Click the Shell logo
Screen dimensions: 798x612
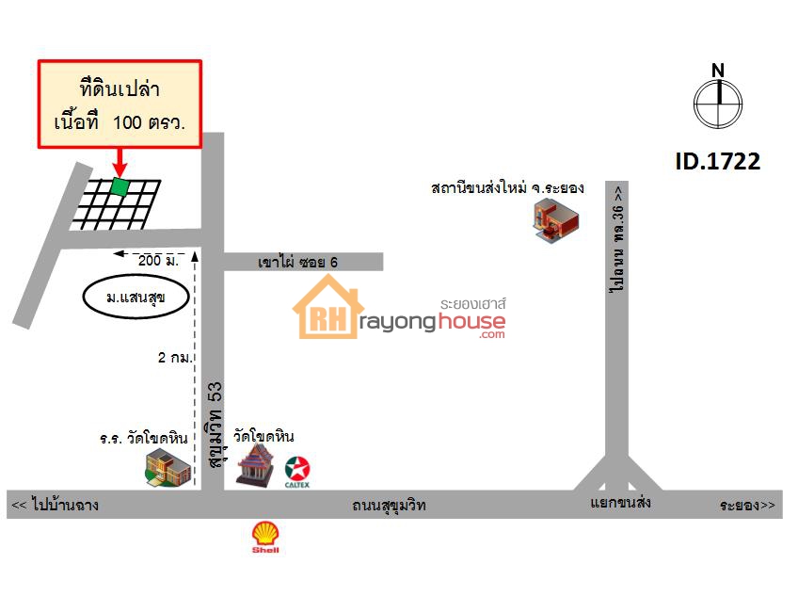click(265, 537)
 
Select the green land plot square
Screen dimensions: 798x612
click(120, 186)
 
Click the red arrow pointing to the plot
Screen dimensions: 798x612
click(120, 162)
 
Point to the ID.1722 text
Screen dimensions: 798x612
click(718, 161)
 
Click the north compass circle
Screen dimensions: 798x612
click(718, 104)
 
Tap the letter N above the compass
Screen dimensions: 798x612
click(718, 71)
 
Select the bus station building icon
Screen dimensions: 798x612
click(556, 219)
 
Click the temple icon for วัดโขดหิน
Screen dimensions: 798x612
click(254, 463)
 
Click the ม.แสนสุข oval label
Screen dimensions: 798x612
click(136, 297)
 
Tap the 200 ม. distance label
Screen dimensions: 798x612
click(158, 260)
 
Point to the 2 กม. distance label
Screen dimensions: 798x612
click(175, 358)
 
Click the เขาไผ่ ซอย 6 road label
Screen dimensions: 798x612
click(297, 262)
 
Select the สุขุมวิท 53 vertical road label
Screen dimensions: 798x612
click(215, 426)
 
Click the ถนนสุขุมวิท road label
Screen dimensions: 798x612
click(389, 505)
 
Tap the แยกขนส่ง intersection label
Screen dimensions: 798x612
click(620, 503)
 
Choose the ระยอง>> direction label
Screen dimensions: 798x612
click(747, 505)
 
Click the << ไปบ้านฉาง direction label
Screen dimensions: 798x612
click(55, 505)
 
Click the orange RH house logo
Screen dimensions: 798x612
click(328, 307)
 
